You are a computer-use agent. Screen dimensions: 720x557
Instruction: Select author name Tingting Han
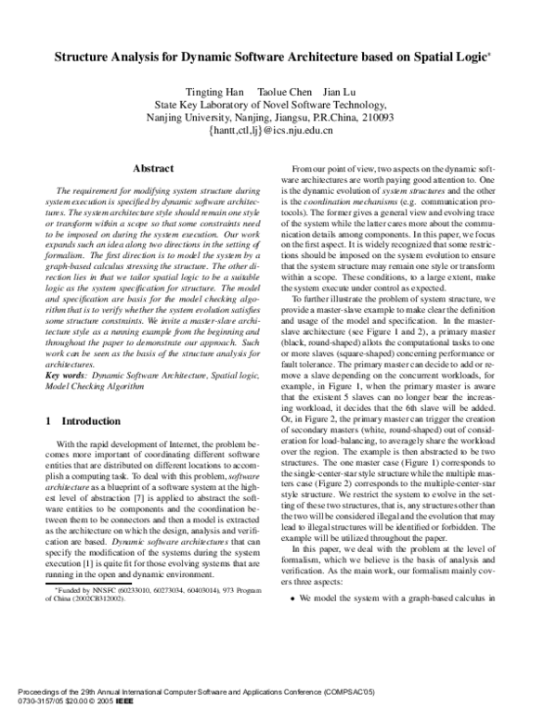pos(214,91)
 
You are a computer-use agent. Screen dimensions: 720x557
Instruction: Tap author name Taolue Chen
pos(282,91)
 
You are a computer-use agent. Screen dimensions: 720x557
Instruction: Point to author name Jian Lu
pos(342,91)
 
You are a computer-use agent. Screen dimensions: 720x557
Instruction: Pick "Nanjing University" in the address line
pos(190,118)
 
